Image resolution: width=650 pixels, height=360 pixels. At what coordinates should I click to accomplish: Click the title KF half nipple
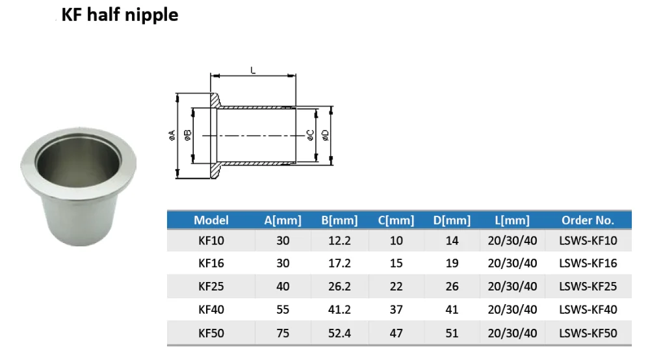pos(120,15)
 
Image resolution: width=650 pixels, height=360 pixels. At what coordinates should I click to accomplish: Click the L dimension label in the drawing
pos(253,69)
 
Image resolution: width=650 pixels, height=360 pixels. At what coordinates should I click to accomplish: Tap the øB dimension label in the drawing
pos(188,135)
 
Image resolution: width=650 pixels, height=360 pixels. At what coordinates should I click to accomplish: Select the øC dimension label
pos(311,135)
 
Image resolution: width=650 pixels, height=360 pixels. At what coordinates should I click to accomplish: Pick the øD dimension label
pos(325,135)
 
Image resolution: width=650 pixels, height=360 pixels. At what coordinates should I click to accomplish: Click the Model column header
pos(211,220)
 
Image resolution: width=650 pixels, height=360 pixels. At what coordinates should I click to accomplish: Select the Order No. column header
pos(588,220)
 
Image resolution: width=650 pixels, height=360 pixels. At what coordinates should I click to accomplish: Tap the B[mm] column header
pos(339,220)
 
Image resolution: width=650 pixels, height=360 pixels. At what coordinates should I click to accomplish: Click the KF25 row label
pos(211,287)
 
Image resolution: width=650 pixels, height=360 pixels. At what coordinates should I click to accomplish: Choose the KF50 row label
pos(211,333)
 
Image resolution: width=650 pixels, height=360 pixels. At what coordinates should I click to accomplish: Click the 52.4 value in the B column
pos(339,333)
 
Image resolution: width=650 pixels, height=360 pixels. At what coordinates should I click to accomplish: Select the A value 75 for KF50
pos(283,333)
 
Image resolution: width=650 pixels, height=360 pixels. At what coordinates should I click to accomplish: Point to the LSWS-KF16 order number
pos(588,263)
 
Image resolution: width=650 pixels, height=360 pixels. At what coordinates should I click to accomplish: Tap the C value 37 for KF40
pos(396,310)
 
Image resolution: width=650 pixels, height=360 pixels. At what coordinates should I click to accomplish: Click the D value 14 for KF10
pos(452,240)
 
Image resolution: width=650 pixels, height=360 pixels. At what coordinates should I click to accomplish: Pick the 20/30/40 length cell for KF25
pos(513,287)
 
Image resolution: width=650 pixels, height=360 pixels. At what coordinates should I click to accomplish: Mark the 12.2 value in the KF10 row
pos(339,240)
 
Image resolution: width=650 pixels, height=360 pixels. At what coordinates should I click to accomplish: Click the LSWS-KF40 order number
pos(588,310)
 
